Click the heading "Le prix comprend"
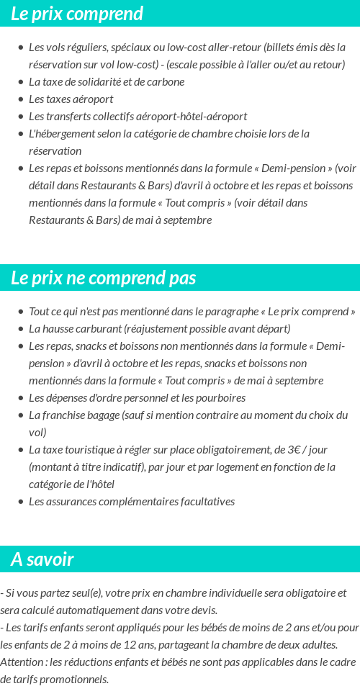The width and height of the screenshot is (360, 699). click(77, 14)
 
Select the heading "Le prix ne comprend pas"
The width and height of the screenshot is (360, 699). click(103, 278)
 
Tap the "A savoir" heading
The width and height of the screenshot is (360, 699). click(42, 559)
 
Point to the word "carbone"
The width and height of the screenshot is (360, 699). click(167, 82)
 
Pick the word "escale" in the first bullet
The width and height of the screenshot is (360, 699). click(182, 65)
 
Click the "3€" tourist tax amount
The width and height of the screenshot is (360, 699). click(294, 450)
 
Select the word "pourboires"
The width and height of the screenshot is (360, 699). click(220, 398)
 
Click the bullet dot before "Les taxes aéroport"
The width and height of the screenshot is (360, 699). click(20, 99)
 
